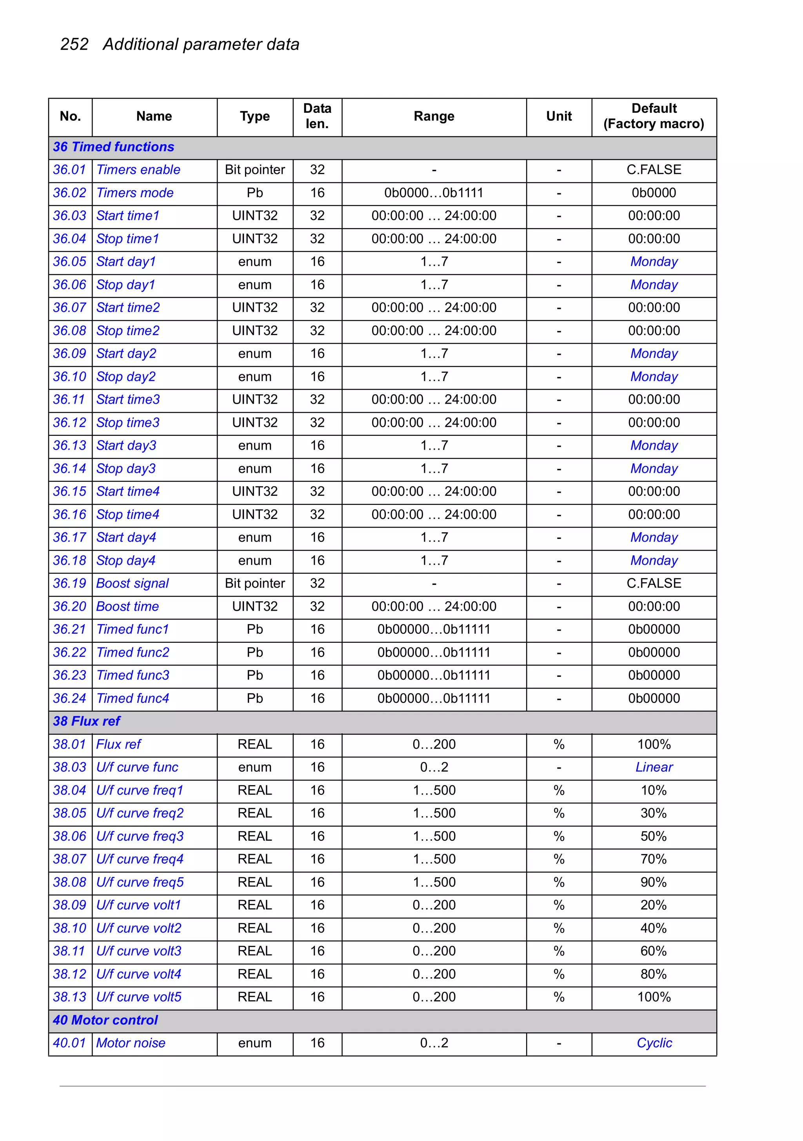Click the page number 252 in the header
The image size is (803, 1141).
74,45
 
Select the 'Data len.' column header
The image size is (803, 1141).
317,116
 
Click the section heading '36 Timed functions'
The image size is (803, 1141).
113,147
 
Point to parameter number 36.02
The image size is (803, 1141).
70,193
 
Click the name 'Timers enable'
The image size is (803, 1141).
138,170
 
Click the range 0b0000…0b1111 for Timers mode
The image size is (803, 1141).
434,193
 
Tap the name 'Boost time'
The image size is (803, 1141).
127,606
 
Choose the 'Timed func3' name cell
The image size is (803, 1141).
133,675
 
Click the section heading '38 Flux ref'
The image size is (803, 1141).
87,721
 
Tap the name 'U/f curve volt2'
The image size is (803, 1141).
139,928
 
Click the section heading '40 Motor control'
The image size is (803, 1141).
105,1020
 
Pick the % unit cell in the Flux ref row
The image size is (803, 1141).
559,744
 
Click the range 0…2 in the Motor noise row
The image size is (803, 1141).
434,1043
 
